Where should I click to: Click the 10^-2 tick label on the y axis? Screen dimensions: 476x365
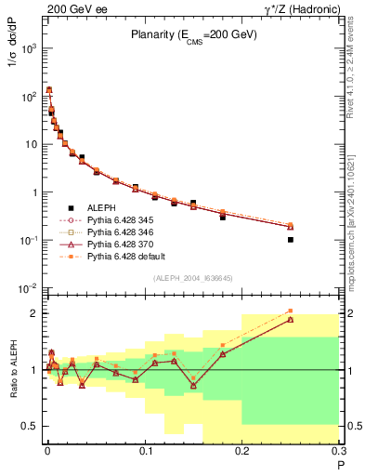coord(28,288)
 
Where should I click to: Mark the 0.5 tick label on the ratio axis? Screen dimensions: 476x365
coord(30,426)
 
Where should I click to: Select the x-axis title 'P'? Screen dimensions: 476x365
coord(339,464)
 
